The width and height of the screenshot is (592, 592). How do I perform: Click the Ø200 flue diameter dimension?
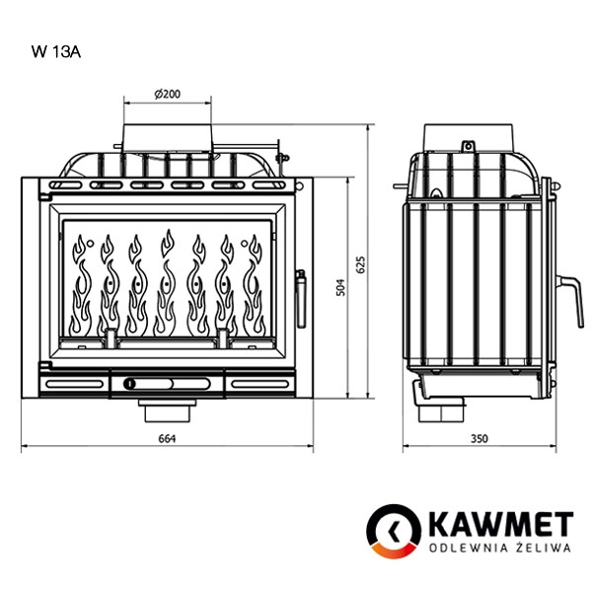pos(167,93)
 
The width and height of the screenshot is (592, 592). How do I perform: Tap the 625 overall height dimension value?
pos(361,264)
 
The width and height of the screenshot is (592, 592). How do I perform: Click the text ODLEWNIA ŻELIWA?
pos(499,548)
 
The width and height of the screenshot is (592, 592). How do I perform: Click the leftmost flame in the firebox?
pos(82,286)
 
